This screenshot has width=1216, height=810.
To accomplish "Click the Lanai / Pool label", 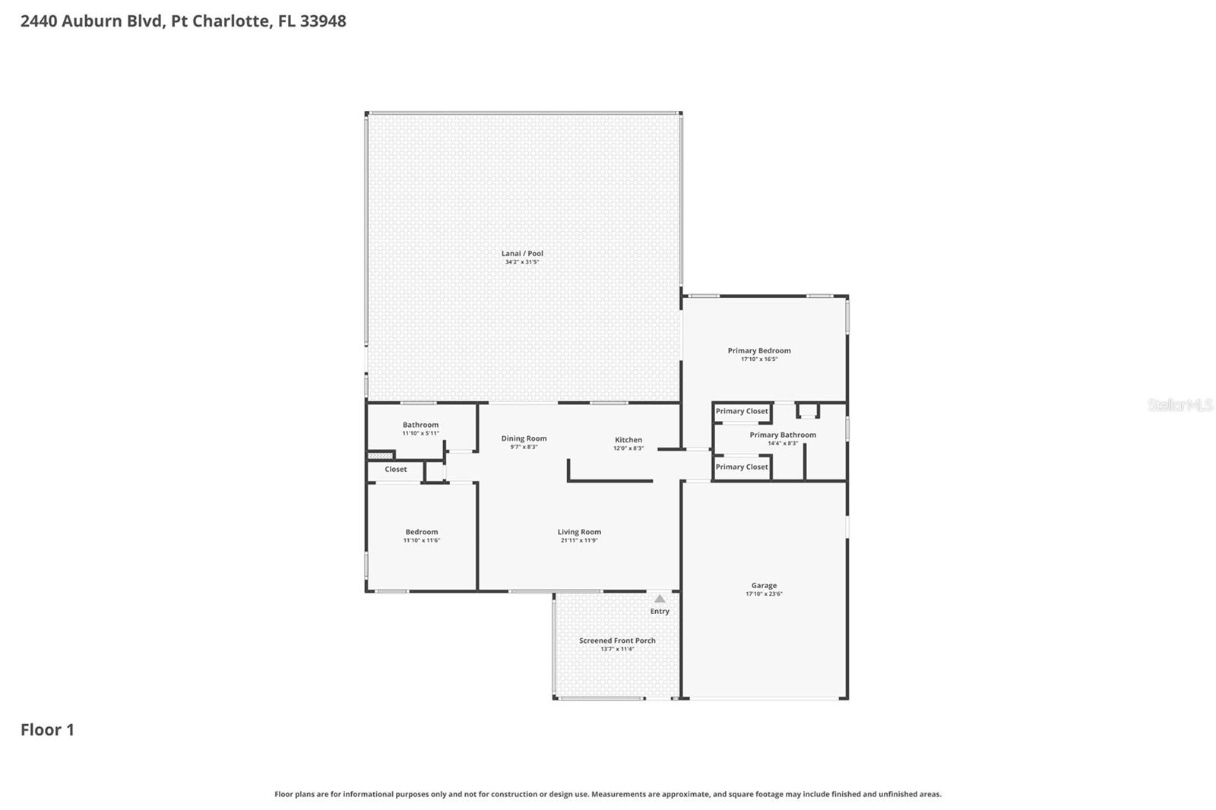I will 522,254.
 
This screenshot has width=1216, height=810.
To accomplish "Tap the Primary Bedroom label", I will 758,350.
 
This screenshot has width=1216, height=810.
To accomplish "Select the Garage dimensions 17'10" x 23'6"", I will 764,594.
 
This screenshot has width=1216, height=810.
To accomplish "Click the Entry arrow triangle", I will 660,599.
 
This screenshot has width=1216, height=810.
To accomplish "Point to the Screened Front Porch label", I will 617,641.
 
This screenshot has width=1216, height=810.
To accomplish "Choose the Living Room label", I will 579,532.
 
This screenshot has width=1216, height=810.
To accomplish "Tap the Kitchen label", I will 629,440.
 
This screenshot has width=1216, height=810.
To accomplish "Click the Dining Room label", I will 524,438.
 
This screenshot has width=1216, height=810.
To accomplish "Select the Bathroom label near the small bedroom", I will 420,425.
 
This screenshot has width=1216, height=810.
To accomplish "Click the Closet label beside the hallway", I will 395,470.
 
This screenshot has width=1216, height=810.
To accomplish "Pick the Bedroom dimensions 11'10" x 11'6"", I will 421,540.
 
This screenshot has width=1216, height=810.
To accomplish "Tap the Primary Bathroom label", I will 783,435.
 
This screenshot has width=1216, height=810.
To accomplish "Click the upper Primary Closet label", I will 742,411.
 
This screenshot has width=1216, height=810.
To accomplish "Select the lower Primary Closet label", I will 742,467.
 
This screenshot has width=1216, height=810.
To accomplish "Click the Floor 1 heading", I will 47,729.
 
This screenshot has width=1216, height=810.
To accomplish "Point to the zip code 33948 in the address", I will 323,21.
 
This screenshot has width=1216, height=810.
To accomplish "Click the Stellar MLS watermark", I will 1180,405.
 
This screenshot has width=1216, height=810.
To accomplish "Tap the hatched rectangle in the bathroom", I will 380,455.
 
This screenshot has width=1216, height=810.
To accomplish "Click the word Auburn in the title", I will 91,21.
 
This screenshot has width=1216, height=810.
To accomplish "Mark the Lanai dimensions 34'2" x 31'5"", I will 522,262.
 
